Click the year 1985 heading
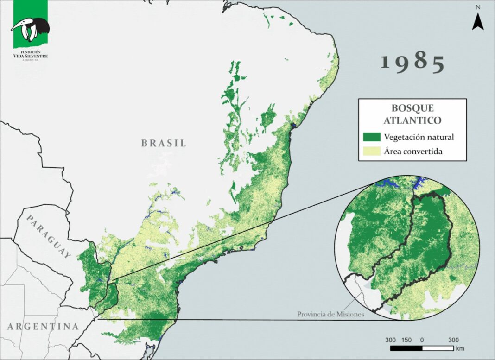pos(412,63)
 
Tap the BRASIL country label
pos(164,143)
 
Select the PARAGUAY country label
pos(49,237)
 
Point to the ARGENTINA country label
pos(43,326)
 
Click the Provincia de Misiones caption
pos(330,314)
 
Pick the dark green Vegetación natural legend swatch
pos(371,137)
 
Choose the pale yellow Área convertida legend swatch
pos(371,151)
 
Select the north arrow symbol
pos(478,21)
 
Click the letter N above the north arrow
pos(478,7)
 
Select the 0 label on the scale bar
pos(422,340)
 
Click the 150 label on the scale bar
pos(406,340)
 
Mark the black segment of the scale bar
pos(406,347)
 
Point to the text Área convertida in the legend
pos(415,151)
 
